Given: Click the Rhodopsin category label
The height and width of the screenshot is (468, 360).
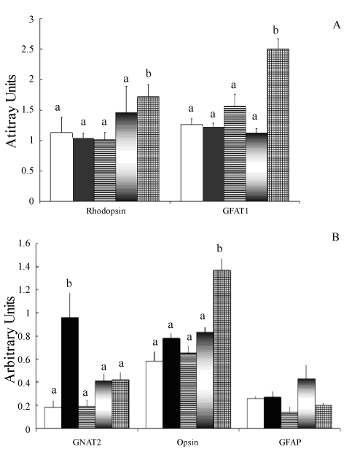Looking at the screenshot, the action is tap(106, 211).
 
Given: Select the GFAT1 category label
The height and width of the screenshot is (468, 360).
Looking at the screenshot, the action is tap(235, 211).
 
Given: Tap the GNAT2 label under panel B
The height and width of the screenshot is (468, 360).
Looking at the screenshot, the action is tap(87, 442).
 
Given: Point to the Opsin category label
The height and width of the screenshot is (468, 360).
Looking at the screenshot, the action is tap(187, 442).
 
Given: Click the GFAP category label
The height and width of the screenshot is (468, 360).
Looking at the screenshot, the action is tap(289, 442).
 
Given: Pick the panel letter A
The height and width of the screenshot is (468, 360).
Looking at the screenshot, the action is tap(337, 25).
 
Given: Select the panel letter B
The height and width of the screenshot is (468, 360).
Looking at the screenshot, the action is tap(335, 238).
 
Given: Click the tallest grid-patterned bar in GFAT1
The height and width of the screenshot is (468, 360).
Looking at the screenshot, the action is tap(278, 125).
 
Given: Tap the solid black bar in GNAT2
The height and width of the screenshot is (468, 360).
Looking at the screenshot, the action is tap(70, 373).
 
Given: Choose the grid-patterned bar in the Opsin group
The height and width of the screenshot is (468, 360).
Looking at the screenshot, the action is tap(222, 349).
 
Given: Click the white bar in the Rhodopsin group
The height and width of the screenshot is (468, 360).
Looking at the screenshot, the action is tap(62, 167).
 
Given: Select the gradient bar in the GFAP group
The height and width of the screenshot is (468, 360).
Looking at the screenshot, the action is tap(307, 404).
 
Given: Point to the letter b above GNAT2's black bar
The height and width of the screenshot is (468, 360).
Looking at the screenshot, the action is tap(69, 284).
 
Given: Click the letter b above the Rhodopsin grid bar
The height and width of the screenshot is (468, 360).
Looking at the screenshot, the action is tap(149, 74).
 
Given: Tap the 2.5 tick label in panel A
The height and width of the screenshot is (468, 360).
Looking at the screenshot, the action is tap(28, 50).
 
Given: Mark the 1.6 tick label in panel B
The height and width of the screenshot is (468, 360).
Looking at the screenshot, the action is tap(24, 243).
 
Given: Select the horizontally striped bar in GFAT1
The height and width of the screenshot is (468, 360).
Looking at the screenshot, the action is tap(235, 154).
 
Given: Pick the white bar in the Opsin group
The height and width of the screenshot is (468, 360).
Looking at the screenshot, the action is tap(154, 395).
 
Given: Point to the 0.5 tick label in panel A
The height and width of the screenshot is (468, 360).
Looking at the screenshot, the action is tap(28, 171).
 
